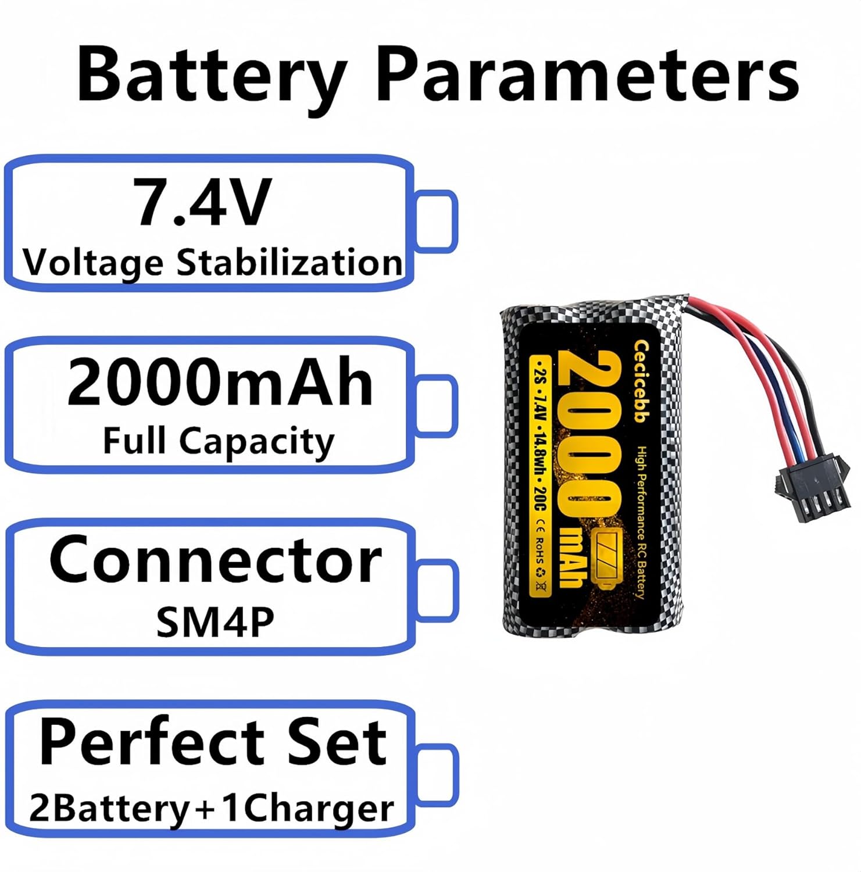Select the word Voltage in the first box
tap(93, 263)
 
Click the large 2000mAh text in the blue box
tap(220, 383)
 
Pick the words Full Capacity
tap(219, 442)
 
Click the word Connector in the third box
tap(215, 559)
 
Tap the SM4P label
tap(215, 622)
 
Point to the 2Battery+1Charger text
tap(212, 809)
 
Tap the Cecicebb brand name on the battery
tap(641, 381)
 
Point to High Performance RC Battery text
tap(640, 523)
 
